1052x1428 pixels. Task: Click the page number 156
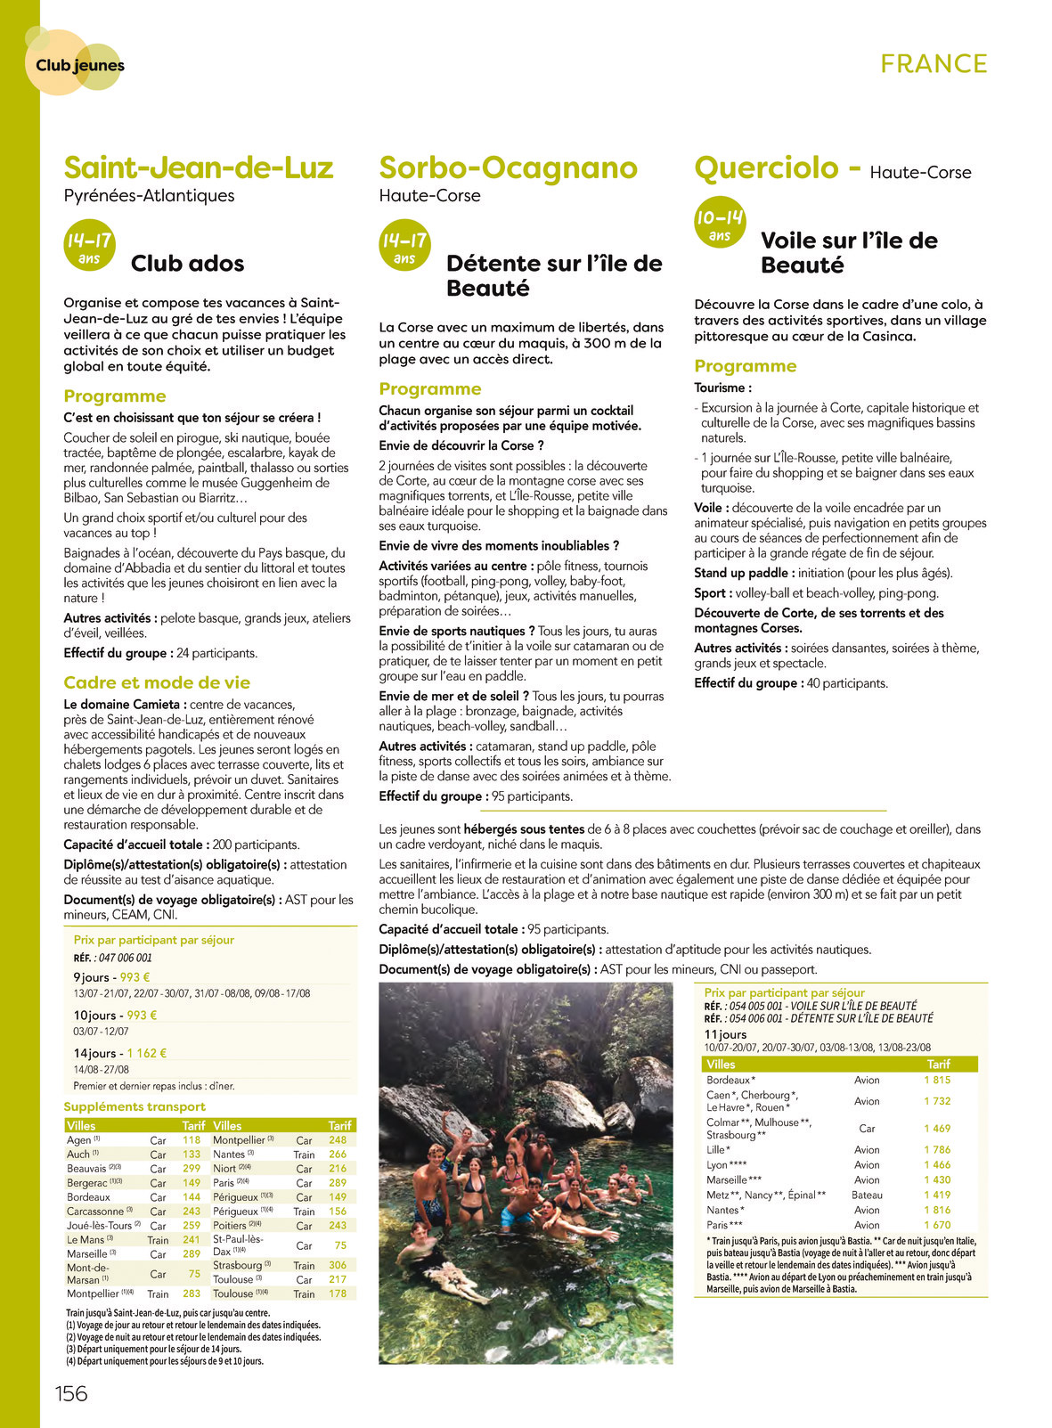click(72, 1393)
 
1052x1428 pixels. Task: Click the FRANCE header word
click(933, 64)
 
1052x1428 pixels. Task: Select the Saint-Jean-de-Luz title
click(199, 167)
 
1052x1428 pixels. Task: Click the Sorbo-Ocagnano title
click(508, 167)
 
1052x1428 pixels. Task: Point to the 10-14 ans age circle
click(720, 222)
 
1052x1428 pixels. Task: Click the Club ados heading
click(187, 264)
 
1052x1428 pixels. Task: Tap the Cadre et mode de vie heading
click(157, 682)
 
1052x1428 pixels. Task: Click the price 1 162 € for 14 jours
click(146, 1053)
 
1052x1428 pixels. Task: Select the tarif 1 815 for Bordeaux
click(937, 1080)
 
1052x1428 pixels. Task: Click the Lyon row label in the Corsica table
click(716, 1165)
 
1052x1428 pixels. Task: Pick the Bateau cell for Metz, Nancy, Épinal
click(867, 1195)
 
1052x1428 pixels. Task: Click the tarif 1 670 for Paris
click(937, 1225)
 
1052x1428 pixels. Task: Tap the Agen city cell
click(79, 1140)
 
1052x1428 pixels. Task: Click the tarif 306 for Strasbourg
click(338, 1265)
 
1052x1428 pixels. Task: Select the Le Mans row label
click(86, 1240)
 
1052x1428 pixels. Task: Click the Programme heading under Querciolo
click(746, 366)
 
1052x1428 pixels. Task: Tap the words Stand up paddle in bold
click(740, 573)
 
